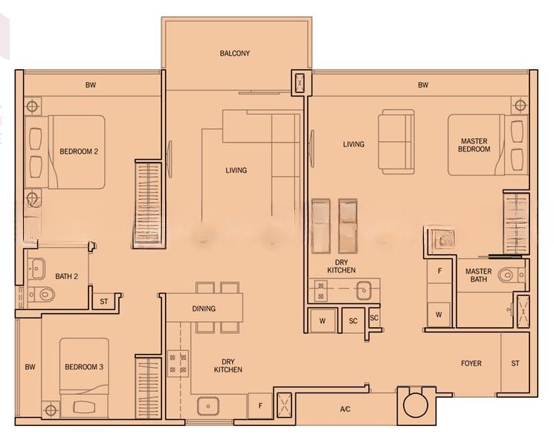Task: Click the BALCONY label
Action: coord(234,54)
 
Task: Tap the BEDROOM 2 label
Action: coord(79,152)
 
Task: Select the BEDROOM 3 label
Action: coord(84,367)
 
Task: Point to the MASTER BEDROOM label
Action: coord(474,145)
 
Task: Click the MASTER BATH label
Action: coord(478,275)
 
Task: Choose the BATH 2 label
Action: coord(67,277)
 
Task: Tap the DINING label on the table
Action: coord(204,308)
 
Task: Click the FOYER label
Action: coord(471,363)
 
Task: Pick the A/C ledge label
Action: coord(345,410)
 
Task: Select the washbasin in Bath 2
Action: coord(36,269)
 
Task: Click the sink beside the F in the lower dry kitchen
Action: coord(208,406)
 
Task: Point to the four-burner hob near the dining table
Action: coord(178,363)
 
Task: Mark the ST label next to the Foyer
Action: coord(515,363)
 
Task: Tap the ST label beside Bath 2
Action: coord(103,302)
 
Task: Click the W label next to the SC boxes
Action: coord(322,321)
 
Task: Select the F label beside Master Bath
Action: coord(439,271)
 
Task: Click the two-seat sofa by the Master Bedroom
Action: coord(396,142)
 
